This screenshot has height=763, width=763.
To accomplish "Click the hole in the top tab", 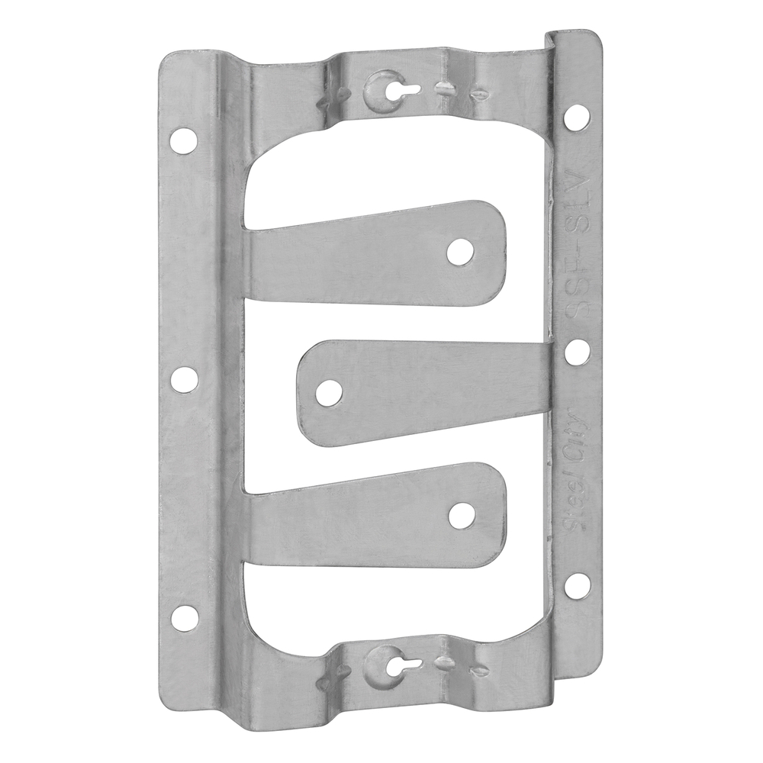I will click(460, 252).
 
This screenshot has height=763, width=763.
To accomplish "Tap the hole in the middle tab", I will click(329, 392).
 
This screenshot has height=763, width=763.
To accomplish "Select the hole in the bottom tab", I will click(460, 516).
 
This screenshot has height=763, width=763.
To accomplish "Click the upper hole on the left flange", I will click(183, 140).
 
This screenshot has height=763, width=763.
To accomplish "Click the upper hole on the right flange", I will click(578, 115).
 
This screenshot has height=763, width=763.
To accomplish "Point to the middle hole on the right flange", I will click(578, 350).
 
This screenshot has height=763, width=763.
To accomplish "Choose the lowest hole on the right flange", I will click(578, 585).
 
